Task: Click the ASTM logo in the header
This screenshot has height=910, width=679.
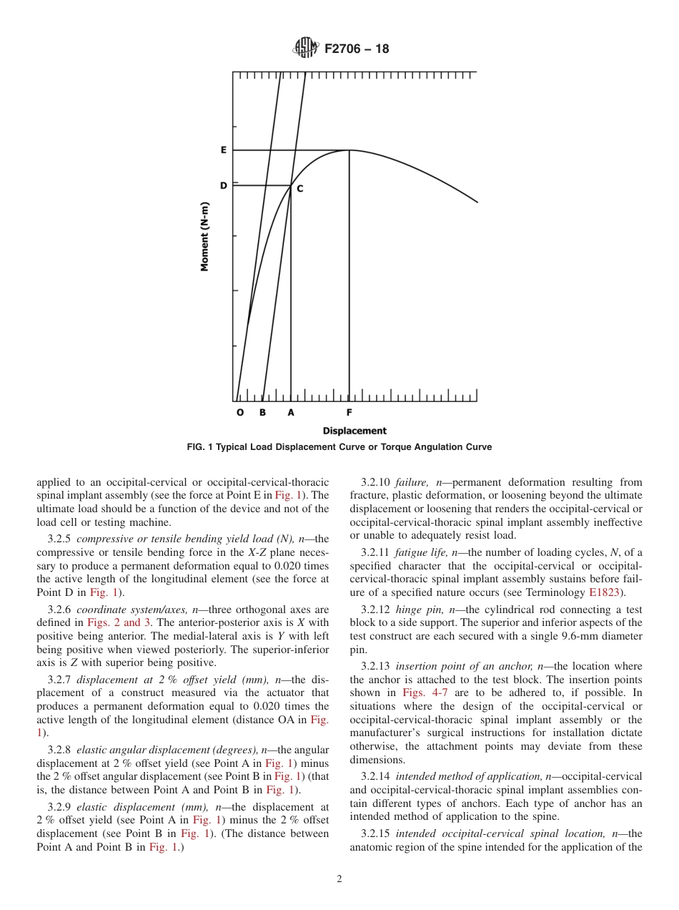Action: tap(306, 49)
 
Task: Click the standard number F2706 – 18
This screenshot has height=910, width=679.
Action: tap(357, 49)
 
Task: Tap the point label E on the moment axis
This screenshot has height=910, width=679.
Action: tap(223, 150)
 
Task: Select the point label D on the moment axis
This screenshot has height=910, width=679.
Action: tap(223, 186)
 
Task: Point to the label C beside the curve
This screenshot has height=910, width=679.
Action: tap(300, 189)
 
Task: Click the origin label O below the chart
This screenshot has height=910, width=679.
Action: tap(239, 413)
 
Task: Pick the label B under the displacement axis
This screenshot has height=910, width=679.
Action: tap(262, 413)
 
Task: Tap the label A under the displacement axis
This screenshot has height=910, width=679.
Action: tap(290, 413)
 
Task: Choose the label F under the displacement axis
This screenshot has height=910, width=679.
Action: tap(349, 413)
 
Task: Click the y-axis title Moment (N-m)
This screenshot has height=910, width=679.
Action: tap(204, 235)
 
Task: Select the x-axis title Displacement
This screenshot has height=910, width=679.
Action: tap(355, 431)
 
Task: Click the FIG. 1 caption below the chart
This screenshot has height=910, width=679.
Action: tap(339, 447)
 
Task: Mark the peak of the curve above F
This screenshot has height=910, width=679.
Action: tap(349, 150)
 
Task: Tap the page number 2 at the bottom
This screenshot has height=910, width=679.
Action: tap(339, 879)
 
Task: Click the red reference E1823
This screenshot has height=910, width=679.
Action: tap(605, 592)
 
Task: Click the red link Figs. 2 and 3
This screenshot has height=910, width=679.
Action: tap(118, 622)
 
